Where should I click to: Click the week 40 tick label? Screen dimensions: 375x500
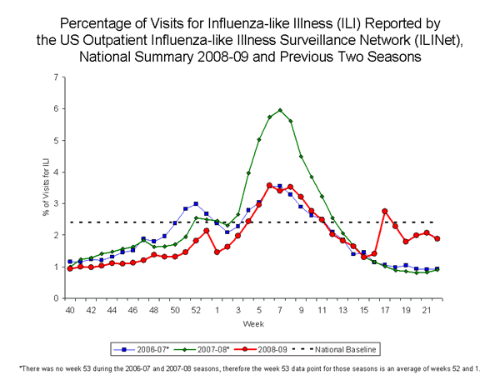pyautogui.click(x=70, y=310)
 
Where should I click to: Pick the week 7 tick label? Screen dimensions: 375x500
pyautogui.click(x=280, y=310)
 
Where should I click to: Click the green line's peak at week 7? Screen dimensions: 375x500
pyautogui.click(x=280, y=110)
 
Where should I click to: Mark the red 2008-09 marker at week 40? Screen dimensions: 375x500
pyautogui.click(x=70, y=268)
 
